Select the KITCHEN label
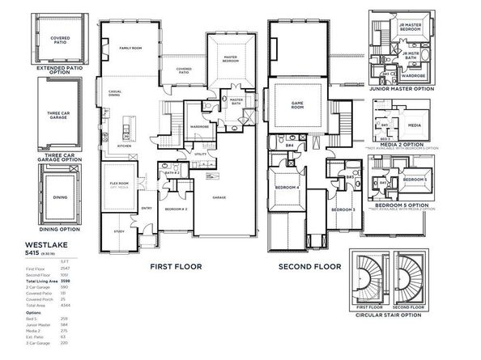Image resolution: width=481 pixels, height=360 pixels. point(124,146)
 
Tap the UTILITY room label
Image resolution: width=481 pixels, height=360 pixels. point(200,153)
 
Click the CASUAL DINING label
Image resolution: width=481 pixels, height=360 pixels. point(114,93)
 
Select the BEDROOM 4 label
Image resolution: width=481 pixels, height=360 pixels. point(287,188)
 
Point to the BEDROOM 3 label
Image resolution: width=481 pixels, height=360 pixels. point(343,210)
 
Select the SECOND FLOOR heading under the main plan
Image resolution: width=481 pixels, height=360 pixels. point(311,265)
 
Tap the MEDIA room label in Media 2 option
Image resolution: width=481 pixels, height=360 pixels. point(414,125)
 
